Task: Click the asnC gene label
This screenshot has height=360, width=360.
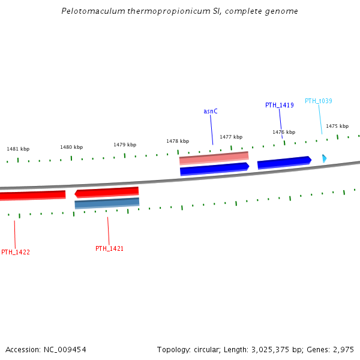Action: click(x=210, y=111)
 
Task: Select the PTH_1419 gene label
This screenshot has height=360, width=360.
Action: click(x=280, y=105)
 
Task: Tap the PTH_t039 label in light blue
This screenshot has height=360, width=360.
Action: click(x=319, y=101)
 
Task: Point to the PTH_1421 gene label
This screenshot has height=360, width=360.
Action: click(x=109, y=248)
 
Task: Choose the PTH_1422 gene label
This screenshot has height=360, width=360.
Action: click(x=16, y=252)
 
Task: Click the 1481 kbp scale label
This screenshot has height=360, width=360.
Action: click(x=18, y=149)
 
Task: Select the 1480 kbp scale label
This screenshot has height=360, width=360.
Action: click(x=71, y=147)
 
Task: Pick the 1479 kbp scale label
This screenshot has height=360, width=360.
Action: click(x=125, y=145)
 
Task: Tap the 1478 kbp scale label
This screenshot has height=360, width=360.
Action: click(x=178, y=141)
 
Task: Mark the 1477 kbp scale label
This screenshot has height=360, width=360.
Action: click(x=231, y=137)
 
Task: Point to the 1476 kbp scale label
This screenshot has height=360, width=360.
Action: click(x=284, y=132)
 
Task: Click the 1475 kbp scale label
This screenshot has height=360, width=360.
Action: click(x=337, y=126)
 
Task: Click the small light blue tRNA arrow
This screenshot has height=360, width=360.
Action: click(x=324, y=158)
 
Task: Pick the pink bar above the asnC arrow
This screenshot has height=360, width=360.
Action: click(x=214, y=158)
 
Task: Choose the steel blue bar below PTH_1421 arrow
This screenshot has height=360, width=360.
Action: click(x=107, y=203)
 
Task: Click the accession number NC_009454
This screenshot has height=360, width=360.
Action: click(x=66, y=349)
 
